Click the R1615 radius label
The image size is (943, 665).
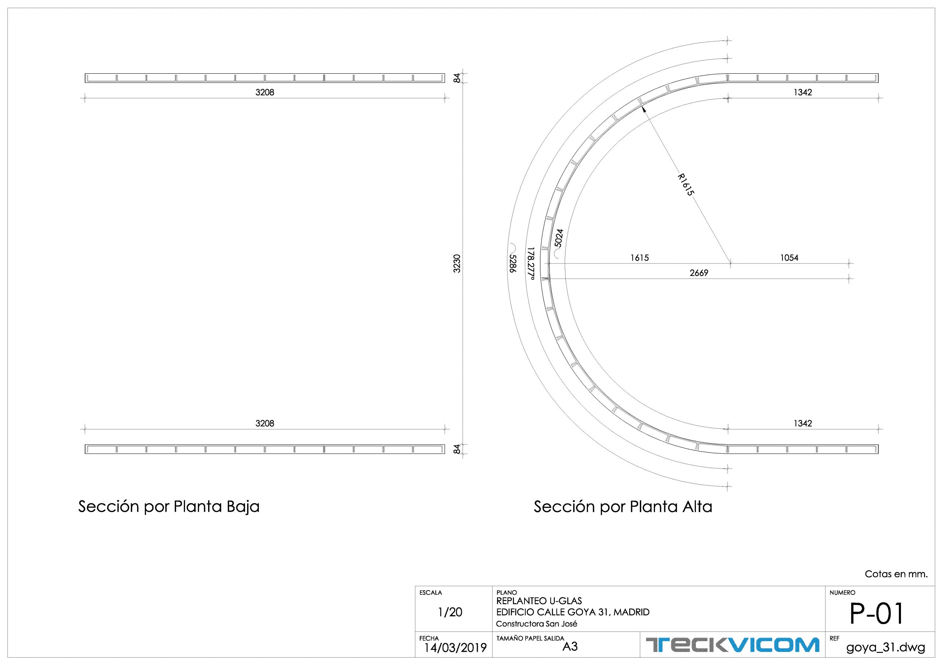[686, 185]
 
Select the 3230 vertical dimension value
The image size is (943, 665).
[457, 264]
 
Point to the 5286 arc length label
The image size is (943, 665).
[512, 264]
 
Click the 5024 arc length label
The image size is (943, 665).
[558, 238]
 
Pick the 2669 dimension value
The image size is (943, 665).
[699, 273]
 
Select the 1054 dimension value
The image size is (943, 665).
[789, 258]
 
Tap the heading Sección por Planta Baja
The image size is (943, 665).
[169, 506]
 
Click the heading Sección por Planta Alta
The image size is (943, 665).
[623, 506]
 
